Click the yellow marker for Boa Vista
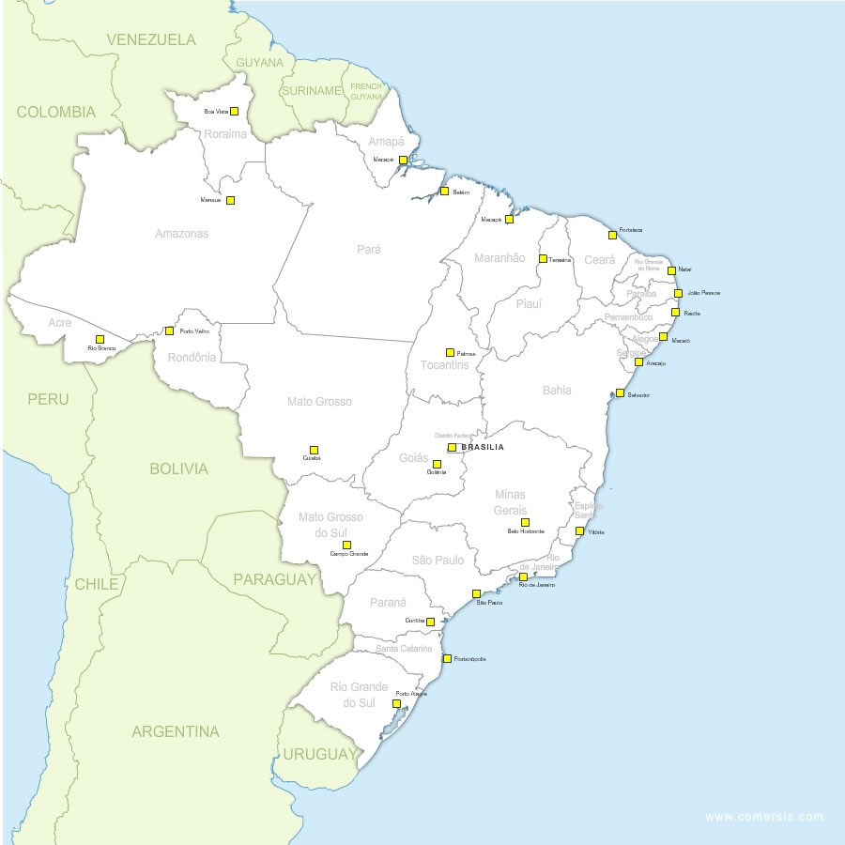(x=234, y=111)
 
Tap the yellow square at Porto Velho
(x=169, y=330)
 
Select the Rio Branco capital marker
(x=100, y=339)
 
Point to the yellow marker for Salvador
(x=620, y=393)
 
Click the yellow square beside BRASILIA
(x=452, y=448)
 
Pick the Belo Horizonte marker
(x=525, y=522)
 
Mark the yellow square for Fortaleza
(x=612, y=235)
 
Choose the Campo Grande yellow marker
(x=346, y=545)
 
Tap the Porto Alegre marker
(x=396, y=702)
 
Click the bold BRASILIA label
(x=483, y=448)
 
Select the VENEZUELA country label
(x=151, y=39)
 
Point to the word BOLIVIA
(x=178, y=469)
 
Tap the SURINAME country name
(x=311, y=91)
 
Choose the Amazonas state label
(x=181, y=234)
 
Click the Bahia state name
(x=557, y=390)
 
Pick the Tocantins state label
(x=445, y=365)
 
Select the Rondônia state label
(x=192, y=357)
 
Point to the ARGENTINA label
(x=176, y=731)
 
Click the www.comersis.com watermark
(x=763, y=817)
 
